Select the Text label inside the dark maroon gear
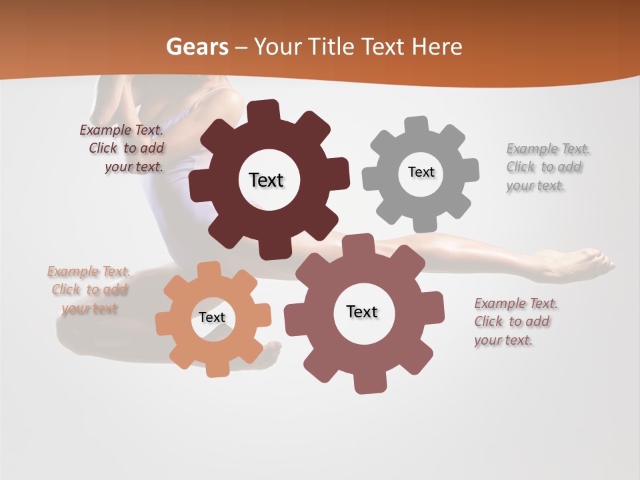pos(266,180)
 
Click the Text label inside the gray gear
pos(421,172)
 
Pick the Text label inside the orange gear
pos(212,317)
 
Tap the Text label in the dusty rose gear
pos(362,311)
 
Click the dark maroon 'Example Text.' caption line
pos(122,130)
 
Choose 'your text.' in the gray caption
pos(535,185)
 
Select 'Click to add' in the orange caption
pos(89,289)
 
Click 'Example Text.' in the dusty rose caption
pos(516,303)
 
